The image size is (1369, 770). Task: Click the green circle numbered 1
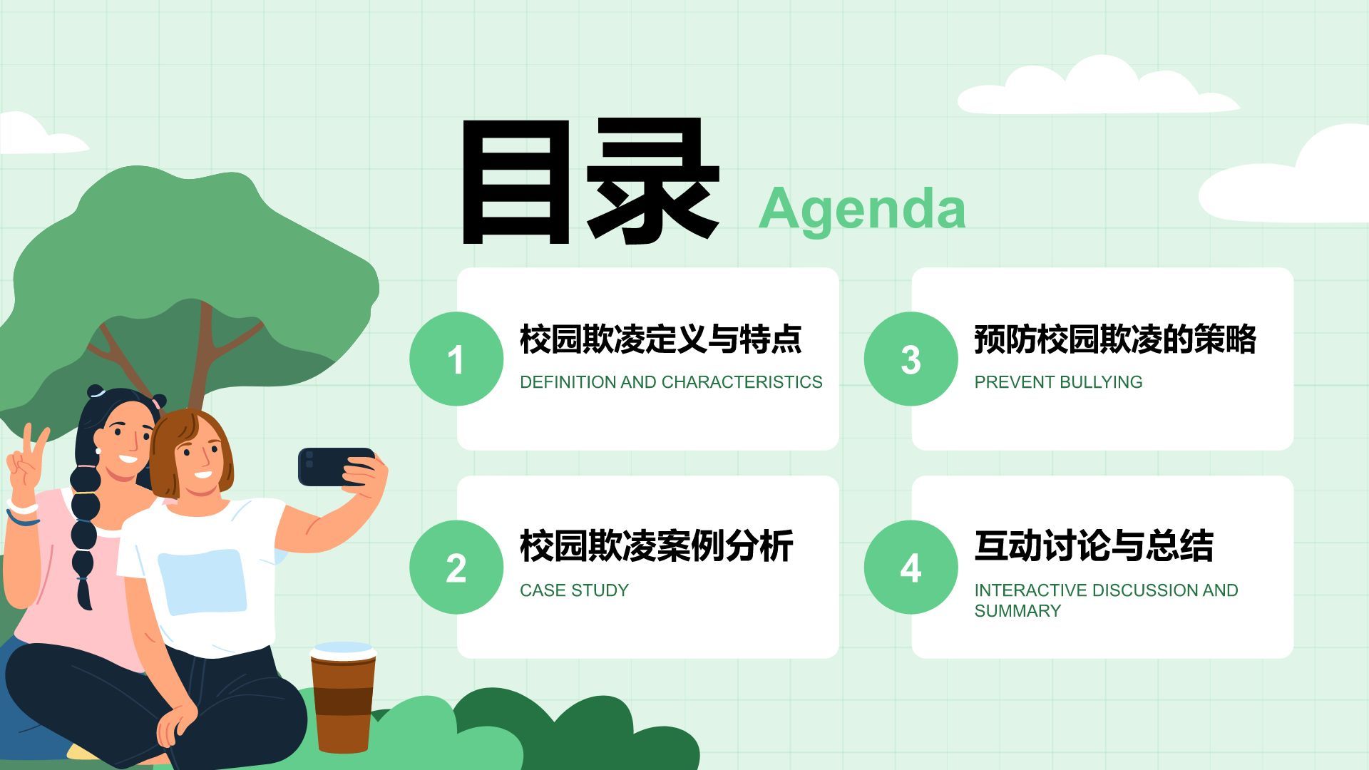click(456, 359)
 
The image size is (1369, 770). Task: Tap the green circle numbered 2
click(456, 567)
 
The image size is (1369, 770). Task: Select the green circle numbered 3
click(911, 359)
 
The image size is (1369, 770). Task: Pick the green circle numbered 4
click(911, 567)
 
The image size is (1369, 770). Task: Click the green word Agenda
click(862, 209)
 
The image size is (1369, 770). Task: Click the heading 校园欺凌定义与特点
click(660, 339)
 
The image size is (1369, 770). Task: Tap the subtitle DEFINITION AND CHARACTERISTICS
click(670, 382)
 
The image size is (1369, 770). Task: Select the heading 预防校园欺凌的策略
click(1114, 339)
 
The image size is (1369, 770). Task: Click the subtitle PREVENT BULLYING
click(1058, 382)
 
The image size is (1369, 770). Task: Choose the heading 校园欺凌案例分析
click(656, 546)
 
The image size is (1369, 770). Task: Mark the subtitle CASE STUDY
click(574, 590)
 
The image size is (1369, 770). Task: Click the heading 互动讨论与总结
click(1093, 546)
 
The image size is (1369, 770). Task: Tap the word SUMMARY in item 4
click(1017, 611)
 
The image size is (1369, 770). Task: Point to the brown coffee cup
click(342, 699)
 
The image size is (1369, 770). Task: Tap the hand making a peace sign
click(26, 463)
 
